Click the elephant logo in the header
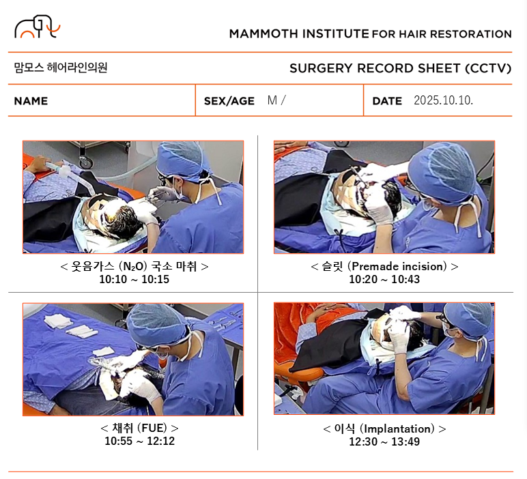(x=37, y=26)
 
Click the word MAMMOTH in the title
(x=263, y=34)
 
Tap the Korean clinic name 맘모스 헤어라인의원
(x=61, y=68)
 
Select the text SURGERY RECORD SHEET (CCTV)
(x=400, y=68)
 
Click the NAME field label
(x=31, y=101)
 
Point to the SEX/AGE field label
(x=229, y=101)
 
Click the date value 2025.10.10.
(x=443, y=100)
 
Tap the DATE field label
(x=387, y=101)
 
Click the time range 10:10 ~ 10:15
(x=134, y=280)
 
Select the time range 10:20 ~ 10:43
(x=384, y=280)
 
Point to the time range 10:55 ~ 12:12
(x=140, y=441)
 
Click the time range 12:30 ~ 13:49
(x=384, y=441)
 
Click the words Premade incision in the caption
(x=399, y=266)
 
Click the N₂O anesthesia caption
(x=134, y=266)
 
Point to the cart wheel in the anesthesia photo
(x=86, y=163)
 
